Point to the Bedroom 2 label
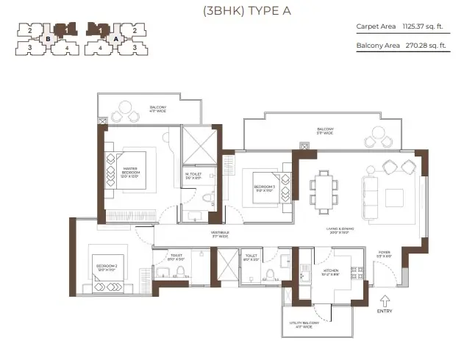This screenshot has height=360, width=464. [104, 267]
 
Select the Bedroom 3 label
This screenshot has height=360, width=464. [265, 189]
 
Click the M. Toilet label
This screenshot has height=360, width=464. [193, 176]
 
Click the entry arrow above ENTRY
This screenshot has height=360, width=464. [384, 300]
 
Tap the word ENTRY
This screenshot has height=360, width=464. [384, 311]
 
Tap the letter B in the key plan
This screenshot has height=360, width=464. [48, 39]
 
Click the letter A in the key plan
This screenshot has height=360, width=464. [115, 39]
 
